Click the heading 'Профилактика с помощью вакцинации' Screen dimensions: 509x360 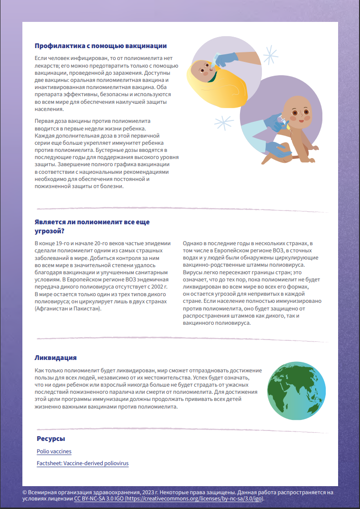(x=100, y=46)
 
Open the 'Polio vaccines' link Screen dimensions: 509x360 (x=54, y=451)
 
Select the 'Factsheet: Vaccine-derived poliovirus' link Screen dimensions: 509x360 (x=82, y=463)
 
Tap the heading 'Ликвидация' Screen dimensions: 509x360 (x=56, y=358)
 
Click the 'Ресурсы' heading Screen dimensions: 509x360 (x=51, y=439)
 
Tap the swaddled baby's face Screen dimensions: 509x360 (x=203, y=70)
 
